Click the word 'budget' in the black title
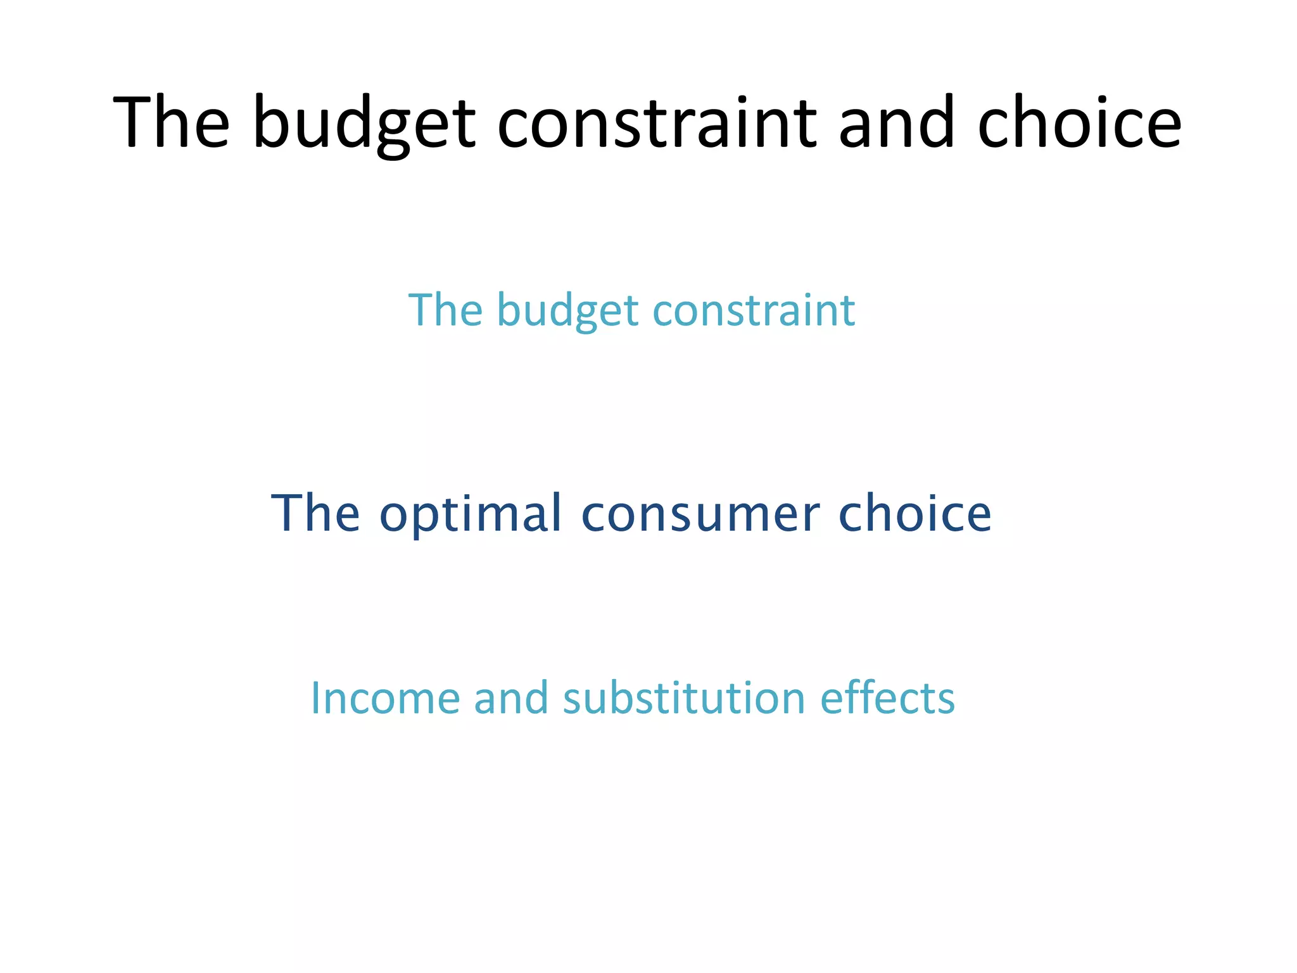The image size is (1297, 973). pos(363,124)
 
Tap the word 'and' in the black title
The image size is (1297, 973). pos(895,124)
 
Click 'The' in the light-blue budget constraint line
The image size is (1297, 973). pos(445,310)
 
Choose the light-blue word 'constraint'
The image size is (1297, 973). pos(754,310)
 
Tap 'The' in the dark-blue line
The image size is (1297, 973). pos(315,513)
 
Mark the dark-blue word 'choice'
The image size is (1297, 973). pos(914,513)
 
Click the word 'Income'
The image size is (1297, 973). pos(384,698)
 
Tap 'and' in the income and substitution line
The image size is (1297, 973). pos(510,698)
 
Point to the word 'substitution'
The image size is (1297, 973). pos(684,698)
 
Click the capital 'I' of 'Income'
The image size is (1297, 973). pos(315,698)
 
